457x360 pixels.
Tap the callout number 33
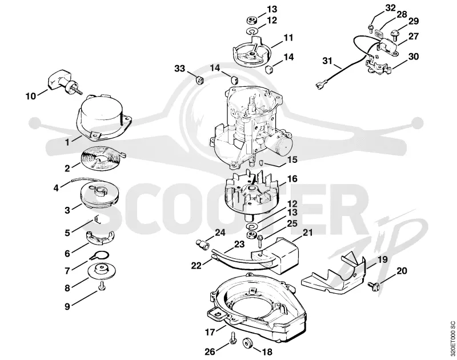coord(179,69)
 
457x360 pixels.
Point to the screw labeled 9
coord(102,286)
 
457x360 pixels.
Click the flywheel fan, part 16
coord(251,195)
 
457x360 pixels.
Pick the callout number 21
coord(307,233)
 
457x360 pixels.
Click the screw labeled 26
coord(232,338)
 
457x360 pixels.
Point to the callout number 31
coord(327,61)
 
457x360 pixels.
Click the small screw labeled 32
coord(371,28)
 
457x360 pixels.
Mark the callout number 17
coord(210,332)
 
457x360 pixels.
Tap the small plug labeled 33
coord(199,79)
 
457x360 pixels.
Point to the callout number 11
coord(288,38)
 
